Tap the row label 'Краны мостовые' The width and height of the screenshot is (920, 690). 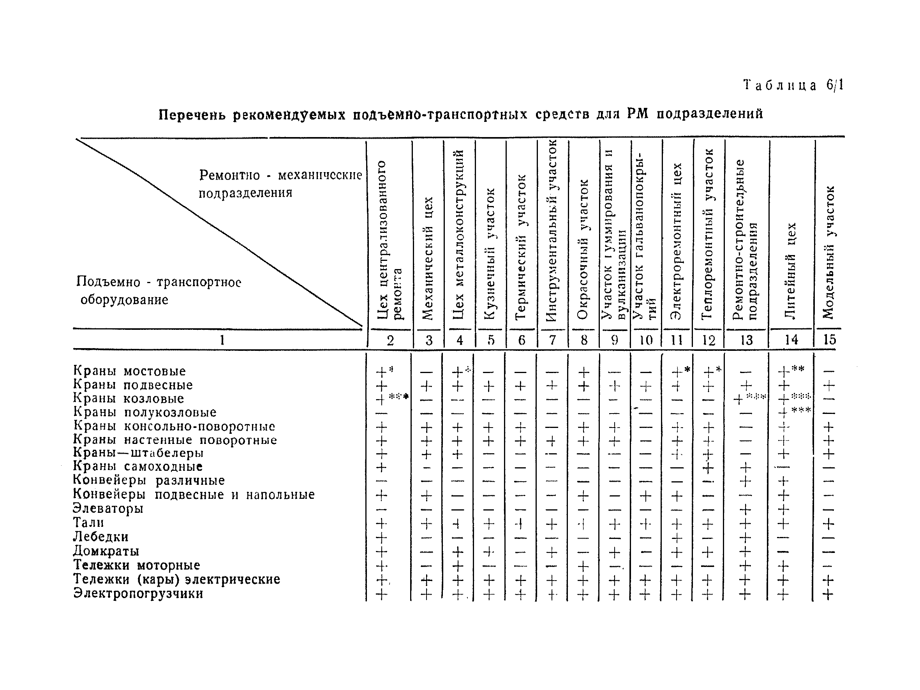click(129, 371)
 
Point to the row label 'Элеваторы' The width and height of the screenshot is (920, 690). click(108, 508)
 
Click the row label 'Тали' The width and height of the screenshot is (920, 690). click(88, 523)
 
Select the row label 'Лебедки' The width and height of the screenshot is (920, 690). click(101, 537)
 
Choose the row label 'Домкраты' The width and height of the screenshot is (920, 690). click(106, 551)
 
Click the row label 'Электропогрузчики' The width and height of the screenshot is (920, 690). click(139, 593)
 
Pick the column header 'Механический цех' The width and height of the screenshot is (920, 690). click(428, 258)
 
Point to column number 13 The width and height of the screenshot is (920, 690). click(746, 340)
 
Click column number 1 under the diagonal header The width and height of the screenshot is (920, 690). click(222, 340)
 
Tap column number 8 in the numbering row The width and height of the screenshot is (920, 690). click(584, 340)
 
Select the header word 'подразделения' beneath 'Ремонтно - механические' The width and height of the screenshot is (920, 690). click(245, 193)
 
